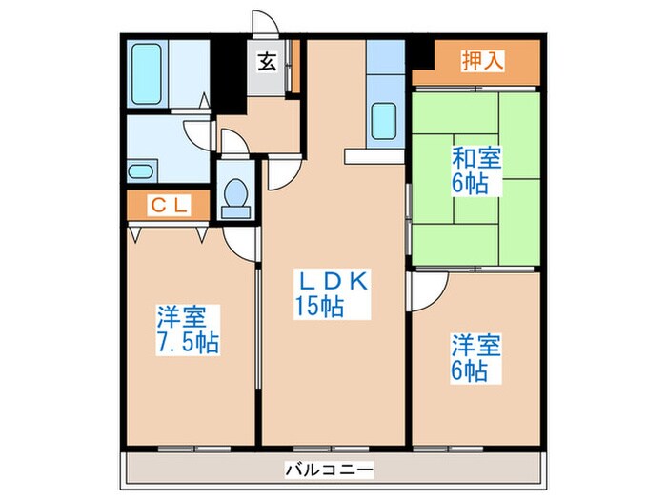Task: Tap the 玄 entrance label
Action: [266, 64]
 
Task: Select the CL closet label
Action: [169, 204]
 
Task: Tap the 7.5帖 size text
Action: [188, 342]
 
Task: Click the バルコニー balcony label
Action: [329, 469]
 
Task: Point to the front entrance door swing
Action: [264, 26]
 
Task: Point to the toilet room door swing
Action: [233, 143]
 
